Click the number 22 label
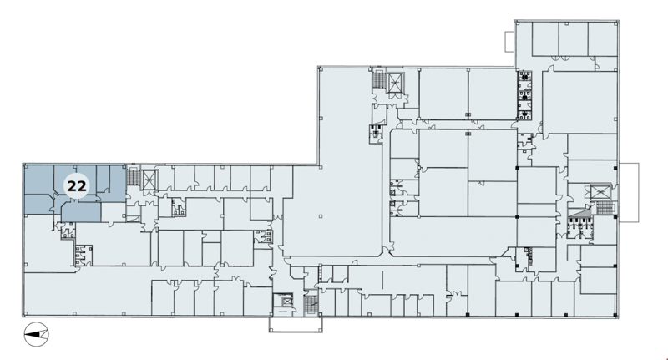77,186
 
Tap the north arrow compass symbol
37,334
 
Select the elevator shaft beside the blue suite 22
149,179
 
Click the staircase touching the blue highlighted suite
134,176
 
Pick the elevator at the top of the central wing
395,82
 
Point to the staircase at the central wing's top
378,80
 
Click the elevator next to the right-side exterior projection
600,192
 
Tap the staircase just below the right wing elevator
604,207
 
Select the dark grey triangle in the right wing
582,211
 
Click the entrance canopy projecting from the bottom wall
296,324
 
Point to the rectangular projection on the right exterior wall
629,192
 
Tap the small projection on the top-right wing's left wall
510,42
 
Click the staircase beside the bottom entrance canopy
311,305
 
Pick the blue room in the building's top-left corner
38,180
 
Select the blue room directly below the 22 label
81,212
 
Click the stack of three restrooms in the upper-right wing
525,95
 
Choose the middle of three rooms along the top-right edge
574,38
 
